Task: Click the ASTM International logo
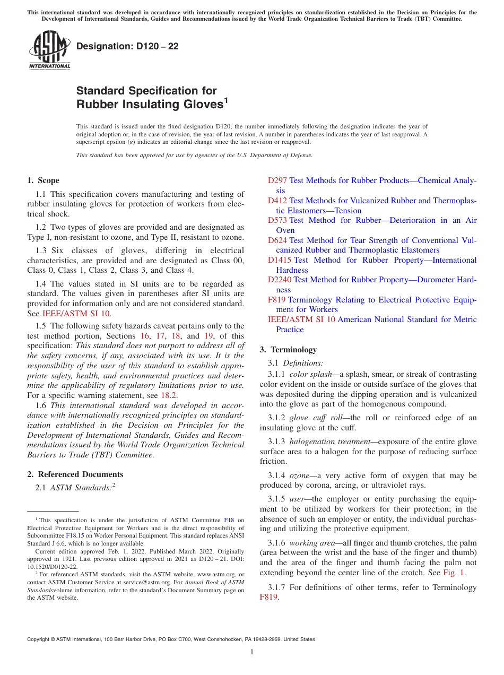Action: point(49,50)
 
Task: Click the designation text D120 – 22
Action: point(127,47)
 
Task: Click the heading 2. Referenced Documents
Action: point(75,474)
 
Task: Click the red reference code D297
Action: point(277,181)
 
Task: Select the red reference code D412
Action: point(277,201)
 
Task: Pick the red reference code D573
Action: point(277,220)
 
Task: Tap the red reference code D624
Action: point(277,240)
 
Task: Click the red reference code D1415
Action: point(279,260)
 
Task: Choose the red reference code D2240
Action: point(279,280)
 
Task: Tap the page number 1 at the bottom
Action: point(252,652)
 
